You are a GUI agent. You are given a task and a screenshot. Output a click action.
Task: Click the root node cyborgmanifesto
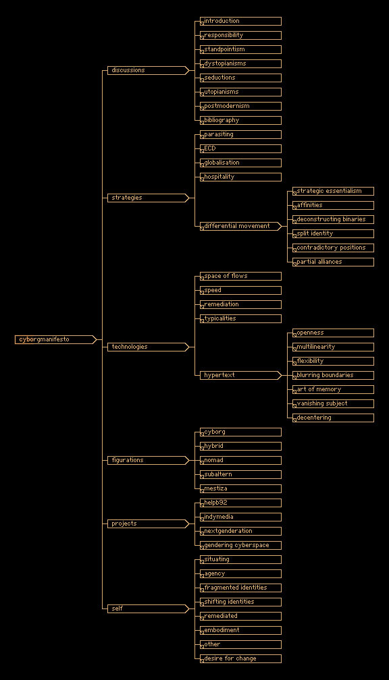click(x=55, y=339)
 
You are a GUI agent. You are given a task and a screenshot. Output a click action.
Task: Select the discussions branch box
click(x=148, y=70)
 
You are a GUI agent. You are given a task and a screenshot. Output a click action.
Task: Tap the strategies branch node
click(x=148, y=198)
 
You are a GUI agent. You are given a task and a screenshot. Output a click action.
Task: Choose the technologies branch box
click(x=148, y=347)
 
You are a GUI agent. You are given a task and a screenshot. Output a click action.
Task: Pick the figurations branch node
click(x=148, y=460)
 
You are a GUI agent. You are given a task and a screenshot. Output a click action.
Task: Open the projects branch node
click(x=148, y=523)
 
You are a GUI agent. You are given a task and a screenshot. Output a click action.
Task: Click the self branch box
click(x=148, y=608)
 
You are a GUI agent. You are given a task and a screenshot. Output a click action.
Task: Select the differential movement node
click(x=240, y=226)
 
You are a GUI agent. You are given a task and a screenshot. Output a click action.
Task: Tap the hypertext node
click(x=240, y=375)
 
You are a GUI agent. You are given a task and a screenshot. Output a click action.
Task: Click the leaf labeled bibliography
click(x=240, y=120)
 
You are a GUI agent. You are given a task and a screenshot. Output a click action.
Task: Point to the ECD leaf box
click(x=240, y=148)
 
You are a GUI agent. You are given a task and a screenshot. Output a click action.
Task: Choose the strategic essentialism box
click(x=333, y=192)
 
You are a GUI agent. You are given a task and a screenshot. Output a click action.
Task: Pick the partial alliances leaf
click(x=333, y=262)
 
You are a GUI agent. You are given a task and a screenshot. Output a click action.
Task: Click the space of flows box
click(x=240, y=277)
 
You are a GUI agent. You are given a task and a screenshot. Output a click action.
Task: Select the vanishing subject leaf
click(x=333, y=403)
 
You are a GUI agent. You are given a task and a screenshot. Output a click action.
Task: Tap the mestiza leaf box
click(x=240, y=488)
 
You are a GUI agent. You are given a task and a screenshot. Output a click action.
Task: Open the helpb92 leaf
click(x=240, y=503)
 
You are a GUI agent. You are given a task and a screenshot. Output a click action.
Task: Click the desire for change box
click(x=240, y=658)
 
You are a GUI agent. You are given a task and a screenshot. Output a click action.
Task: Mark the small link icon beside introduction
click(x=202, y=24)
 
